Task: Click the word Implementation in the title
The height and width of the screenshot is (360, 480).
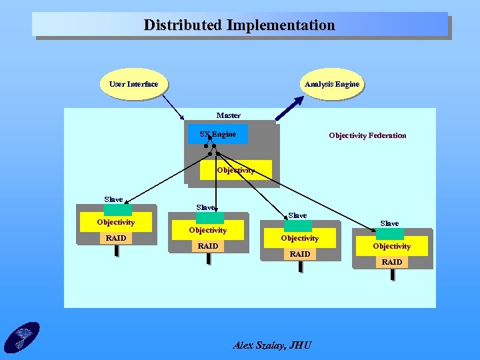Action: [281, 25]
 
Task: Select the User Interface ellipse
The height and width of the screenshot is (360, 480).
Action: [134, 84]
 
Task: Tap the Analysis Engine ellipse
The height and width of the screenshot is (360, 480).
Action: [331, 84]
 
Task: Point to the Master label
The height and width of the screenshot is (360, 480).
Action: [229, 115]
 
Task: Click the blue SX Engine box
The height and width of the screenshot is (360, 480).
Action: [218, 134]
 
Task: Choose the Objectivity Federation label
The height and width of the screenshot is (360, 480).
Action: [367, 135]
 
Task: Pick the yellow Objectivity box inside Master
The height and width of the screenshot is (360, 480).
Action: [236, 169]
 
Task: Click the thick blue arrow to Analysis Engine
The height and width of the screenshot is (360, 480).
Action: [294, 107]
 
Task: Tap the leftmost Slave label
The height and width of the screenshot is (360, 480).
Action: [114, 199]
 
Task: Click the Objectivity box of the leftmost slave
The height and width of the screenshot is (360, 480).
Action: [116, 222]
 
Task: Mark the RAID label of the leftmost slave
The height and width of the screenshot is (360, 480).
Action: [116, 238]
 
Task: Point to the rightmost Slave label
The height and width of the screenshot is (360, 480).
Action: [389, 223]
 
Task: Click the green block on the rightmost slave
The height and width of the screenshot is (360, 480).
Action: [390, 233]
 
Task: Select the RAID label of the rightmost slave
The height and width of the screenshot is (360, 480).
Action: [392, 262]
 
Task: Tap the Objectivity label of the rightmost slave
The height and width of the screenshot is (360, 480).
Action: [392, 246]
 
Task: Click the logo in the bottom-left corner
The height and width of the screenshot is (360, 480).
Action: [21, 337]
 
